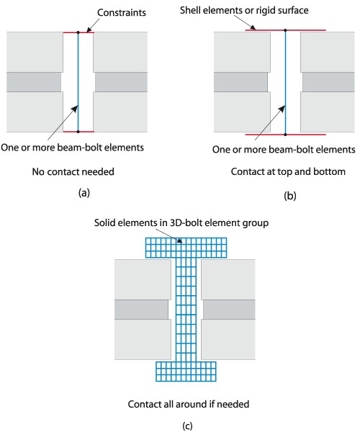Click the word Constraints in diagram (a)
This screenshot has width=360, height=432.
[x=122, y=12]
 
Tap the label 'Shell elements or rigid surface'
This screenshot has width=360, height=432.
[x=244, y=10]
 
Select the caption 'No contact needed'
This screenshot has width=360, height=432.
[x=73, y=171]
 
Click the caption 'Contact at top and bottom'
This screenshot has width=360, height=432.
[x=288, y=171]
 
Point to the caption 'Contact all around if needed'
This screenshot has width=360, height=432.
[x=189, y=404]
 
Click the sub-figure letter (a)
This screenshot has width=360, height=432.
[x=84, y=192]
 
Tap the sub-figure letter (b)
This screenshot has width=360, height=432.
[x=289, y=196]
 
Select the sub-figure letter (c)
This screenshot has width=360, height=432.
[x=187, y=426]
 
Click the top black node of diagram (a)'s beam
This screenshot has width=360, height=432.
[x=78, y=32]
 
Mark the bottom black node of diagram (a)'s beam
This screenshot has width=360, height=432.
[x=78, y=132]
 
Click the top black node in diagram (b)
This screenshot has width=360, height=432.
[x=285, y=30]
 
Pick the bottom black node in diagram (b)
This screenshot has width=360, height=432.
[x=285, y=135]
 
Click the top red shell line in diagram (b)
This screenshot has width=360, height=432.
[x=286, y=30]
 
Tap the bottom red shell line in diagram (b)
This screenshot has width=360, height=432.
[x=286, y=135]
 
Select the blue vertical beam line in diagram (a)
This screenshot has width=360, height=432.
[x=78, y=82]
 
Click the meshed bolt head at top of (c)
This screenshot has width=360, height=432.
[x=186, y=248]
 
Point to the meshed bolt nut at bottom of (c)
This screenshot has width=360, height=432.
[x=186, y=372]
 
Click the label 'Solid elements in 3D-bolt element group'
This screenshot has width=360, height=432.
[x=181, y=222]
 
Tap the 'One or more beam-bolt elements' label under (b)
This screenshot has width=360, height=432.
[x=284, y=149]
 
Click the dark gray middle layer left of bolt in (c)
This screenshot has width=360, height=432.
[x=141, y=310]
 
